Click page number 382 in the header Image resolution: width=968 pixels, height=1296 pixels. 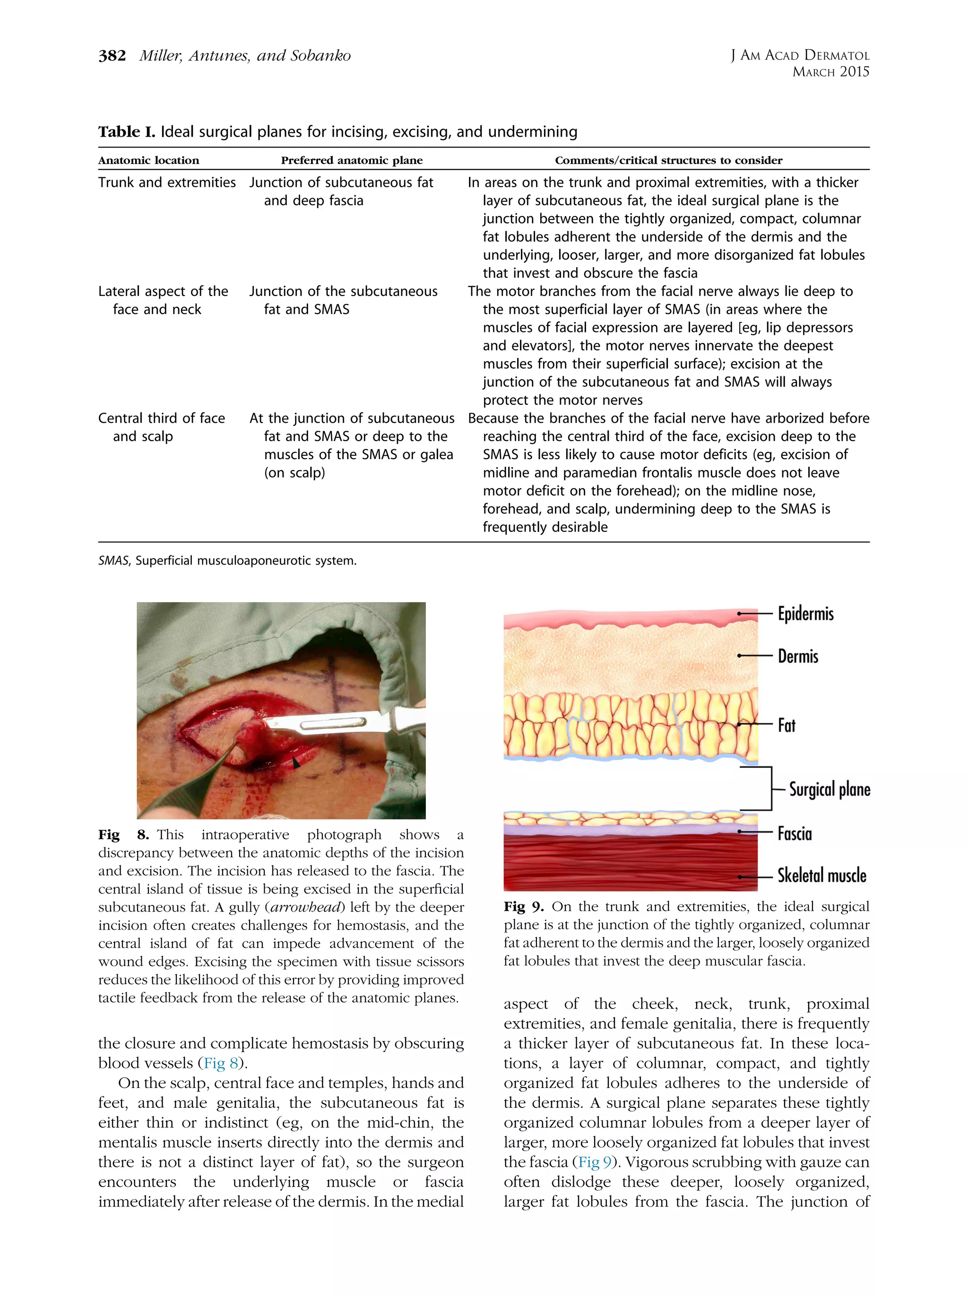(x=112, y=56)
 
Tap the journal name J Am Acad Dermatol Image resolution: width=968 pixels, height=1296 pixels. (x=799, y=56)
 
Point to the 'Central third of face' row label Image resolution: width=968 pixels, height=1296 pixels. (x=161, y=418)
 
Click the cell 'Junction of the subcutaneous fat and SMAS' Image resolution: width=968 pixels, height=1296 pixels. (x=343, y=300)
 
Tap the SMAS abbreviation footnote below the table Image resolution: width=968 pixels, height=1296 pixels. (x=227, y=561)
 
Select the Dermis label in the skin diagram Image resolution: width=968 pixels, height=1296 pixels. (x=797, y=656)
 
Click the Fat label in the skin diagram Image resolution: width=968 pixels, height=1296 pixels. (x=786, y=725)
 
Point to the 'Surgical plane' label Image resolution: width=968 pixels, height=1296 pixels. (x=829, y=789)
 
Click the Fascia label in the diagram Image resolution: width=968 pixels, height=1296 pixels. (x=794, y=834)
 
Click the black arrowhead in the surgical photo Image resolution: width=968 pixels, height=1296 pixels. (x=296, y=762)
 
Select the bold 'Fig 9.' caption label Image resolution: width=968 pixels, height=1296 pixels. (x=524, y=907)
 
